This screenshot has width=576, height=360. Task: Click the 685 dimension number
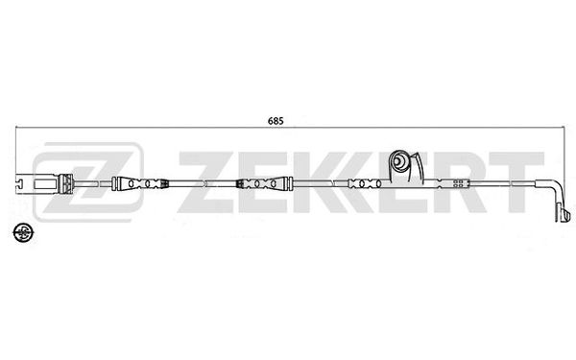[276, 121]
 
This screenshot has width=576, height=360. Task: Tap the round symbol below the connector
[23, 232]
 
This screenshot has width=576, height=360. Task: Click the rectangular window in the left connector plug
[45, 183]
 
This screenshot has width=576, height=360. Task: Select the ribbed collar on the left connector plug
[66, 183]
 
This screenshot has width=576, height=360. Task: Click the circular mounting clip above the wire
[399, 161]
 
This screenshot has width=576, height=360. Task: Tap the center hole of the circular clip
[397, 160]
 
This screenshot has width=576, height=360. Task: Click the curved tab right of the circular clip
[419, 166]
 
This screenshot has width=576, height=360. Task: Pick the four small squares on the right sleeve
[458, 183]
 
